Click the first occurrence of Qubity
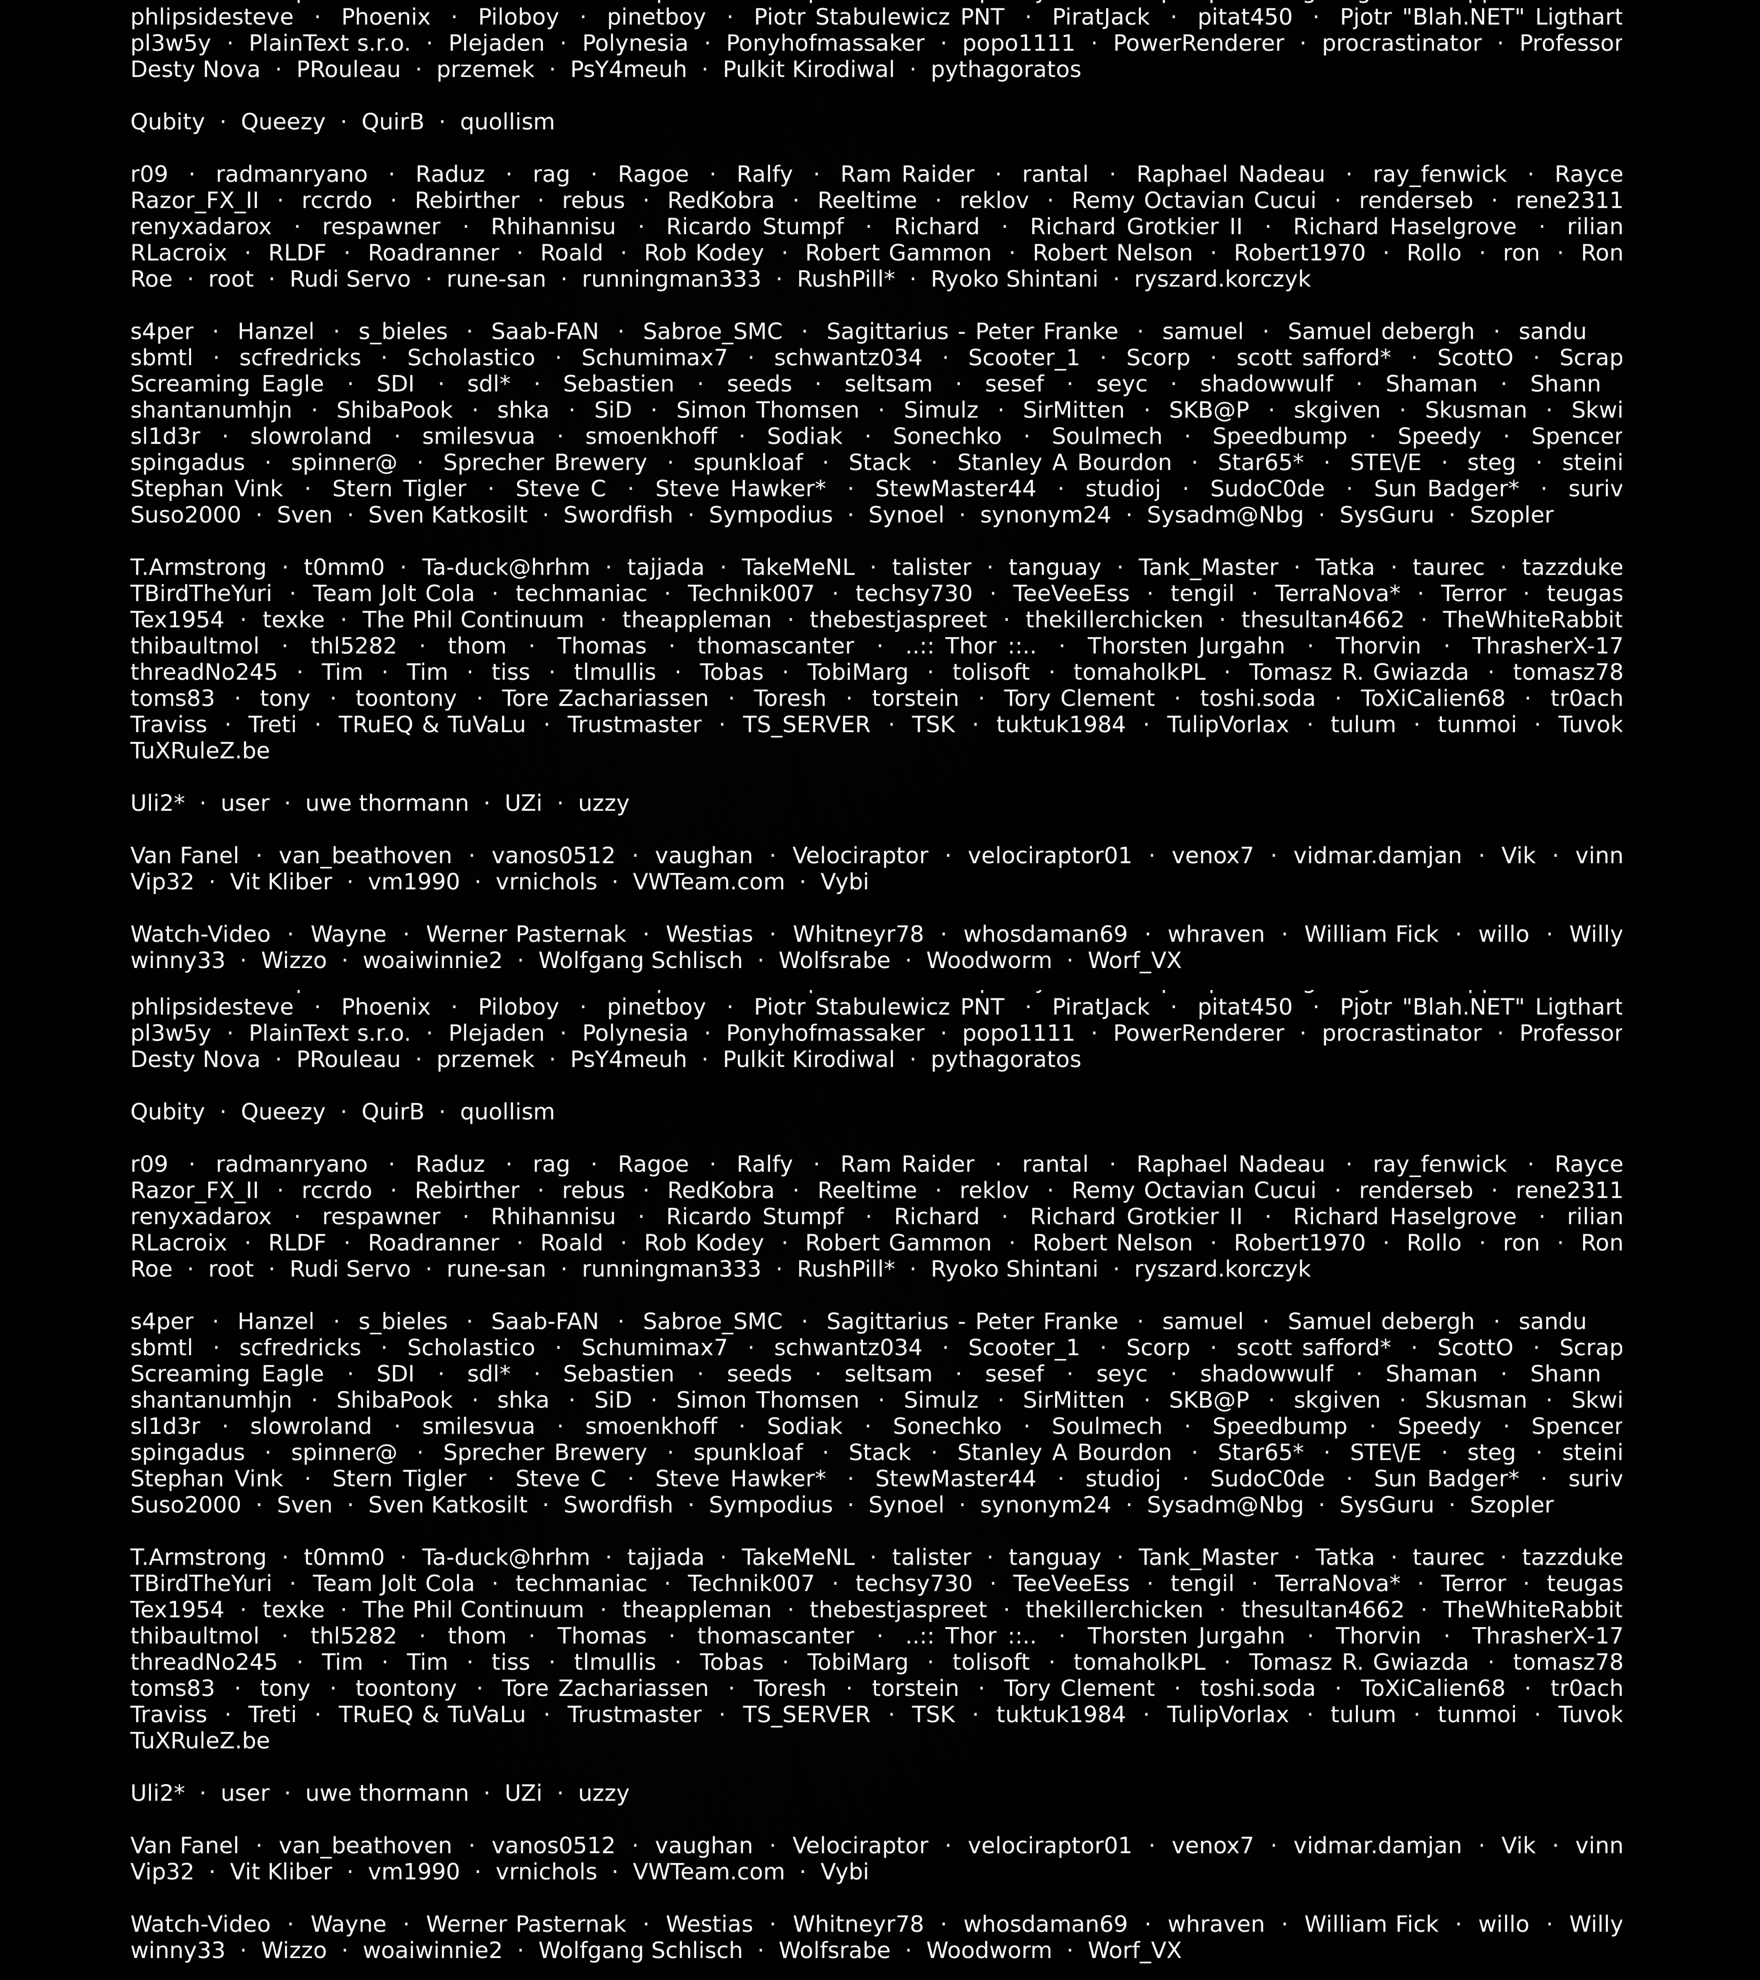[168, 122]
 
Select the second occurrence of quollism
[506, 1112]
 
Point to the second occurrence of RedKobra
[721, 1191]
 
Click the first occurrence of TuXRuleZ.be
[199, 751]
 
